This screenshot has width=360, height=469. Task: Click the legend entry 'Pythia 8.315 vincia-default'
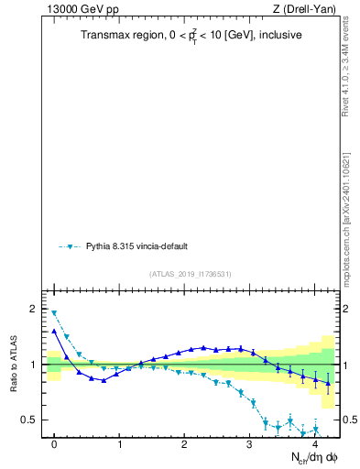pyautogui.click(x=139, y=246)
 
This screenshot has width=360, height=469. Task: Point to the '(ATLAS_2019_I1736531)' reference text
pyautogui.click(x=191, y=274)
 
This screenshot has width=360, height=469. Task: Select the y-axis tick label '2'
pyautogui.click(x=34, y=309)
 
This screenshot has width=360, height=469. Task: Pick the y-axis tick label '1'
pyautogui.click(x=34, y=365)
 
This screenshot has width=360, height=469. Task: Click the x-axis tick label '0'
pyautogui.click(x=54, y=444)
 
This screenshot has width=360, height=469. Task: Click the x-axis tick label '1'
pyautogui.click(x=119, y=444)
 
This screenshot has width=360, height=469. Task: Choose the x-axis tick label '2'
pyautogui.click(x=184, y=444)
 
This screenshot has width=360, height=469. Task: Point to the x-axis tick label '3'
pyautogui.click(x=249, y=444)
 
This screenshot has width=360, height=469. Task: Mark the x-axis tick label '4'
pyautogui.click(x=314, y=444)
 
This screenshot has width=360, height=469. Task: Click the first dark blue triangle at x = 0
pyautogui.click(x=54, y=331)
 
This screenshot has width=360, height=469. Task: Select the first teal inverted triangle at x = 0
pyautogui.click(x=54, y=313)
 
